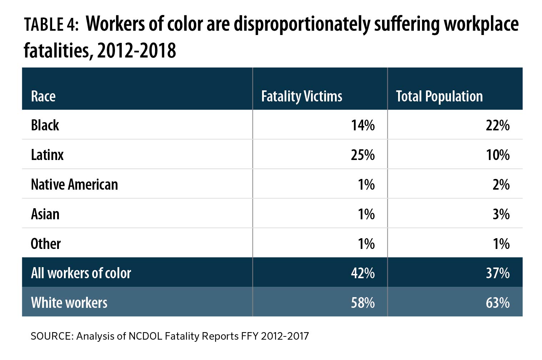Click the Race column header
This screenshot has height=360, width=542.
point(43,96)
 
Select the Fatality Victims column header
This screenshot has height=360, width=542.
point(301,96)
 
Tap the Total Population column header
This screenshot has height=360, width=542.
point(439,96)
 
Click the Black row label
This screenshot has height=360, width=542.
point(45,125)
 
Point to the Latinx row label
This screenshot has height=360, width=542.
point(47,155)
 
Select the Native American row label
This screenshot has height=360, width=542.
point(74,185)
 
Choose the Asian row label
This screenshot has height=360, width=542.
point(45,214)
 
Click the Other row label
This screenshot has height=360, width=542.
point(46,244)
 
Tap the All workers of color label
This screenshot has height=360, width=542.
point(81,273)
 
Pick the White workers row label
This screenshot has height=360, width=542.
point(69,303)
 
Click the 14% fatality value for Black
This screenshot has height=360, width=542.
point(363,125)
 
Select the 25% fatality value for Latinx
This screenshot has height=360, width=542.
point(363,155)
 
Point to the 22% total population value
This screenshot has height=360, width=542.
point(498,125)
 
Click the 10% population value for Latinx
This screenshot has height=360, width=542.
point(498,155)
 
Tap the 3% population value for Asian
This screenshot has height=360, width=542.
point(501,214)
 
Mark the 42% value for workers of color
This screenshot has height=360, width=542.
point(363,273)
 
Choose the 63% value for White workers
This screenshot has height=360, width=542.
point(498,303)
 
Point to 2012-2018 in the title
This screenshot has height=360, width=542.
point(136,51)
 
